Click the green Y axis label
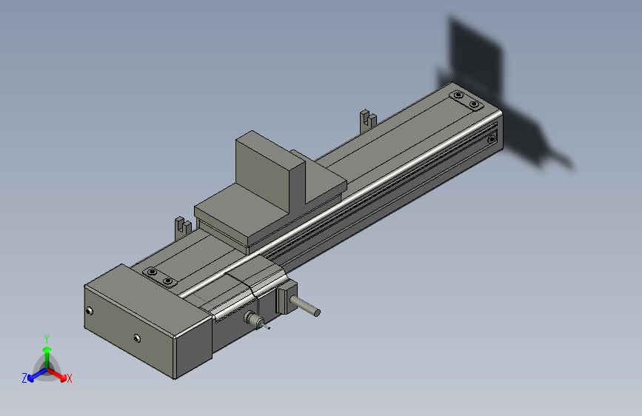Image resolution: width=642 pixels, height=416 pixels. coord(47,339)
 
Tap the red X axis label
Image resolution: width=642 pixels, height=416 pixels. coord(69,378)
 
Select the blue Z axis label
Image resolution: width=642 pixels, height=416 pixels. coord(24,378)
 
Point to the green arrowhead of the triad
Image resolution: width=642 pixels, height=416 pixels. coord(47,349)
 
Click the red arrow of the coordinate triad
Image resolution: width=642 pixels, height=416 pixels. coord(56,375)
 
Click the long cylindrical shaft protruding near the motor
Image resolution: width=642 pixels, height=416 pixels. coord(305,306)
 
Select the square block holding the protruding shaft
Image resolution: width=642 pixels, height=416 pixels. coord(287,298)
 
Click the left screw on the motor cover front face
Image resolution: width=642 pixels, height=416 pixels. coord(90,311)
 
